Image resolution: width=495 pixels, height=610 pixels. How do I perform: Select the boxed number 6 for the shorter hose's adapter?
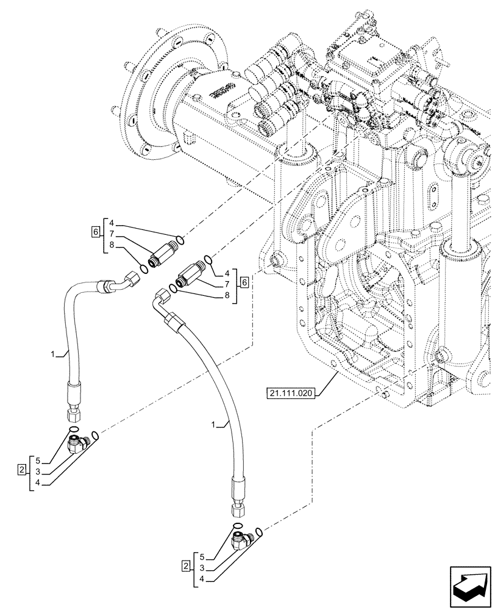[x=94, y=232]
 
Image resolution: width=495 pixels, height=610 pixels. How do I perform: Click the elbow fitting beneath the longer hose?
[x=244, y=540]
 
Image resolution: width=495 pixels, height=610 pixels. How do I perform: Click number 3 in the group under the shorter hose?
[x=38, y=472]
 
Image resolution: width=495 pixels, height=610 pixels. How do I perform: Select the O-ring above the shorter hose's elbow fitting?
[x=73, y=430]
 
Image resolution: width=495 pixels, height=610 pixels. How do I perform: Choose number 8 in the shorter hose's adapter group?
[x=111, y=245]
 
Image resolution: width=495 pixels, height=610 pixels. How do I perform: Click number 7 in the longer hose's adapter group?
[x=227, y=283]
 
